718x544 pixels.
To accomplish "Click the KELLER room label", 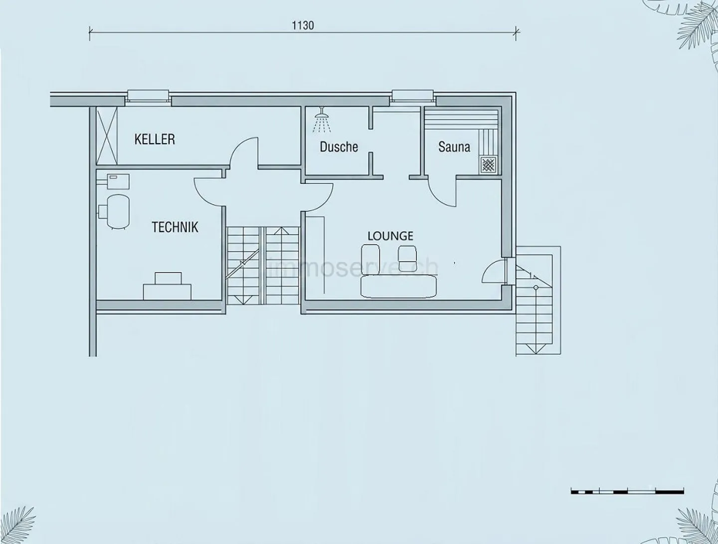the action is point(155,139).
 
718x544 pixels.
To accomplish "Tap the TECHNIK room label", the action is point(175,227).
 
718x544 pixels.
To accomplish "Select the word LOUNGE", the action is point(390,236).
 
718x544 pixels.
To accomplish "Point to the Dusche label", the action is point(339,146).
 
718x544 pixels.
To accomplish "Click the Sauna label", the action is point(454,146).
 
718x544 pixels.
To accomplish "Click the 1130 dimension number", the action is point(303,25).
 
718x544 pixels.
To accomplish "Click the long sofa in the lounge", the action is point(398,286).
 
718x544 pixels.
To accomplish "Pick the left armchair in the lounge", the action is point(370,258).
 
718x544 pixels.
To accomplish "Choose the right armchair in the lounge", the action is point(407,258).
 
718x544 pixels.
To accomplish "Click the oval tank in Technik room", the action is point(118,211).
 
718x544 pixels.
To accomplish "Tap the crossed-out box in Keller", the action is point(107,136).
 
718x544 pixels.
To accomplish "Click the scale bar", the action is point(627,500).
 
